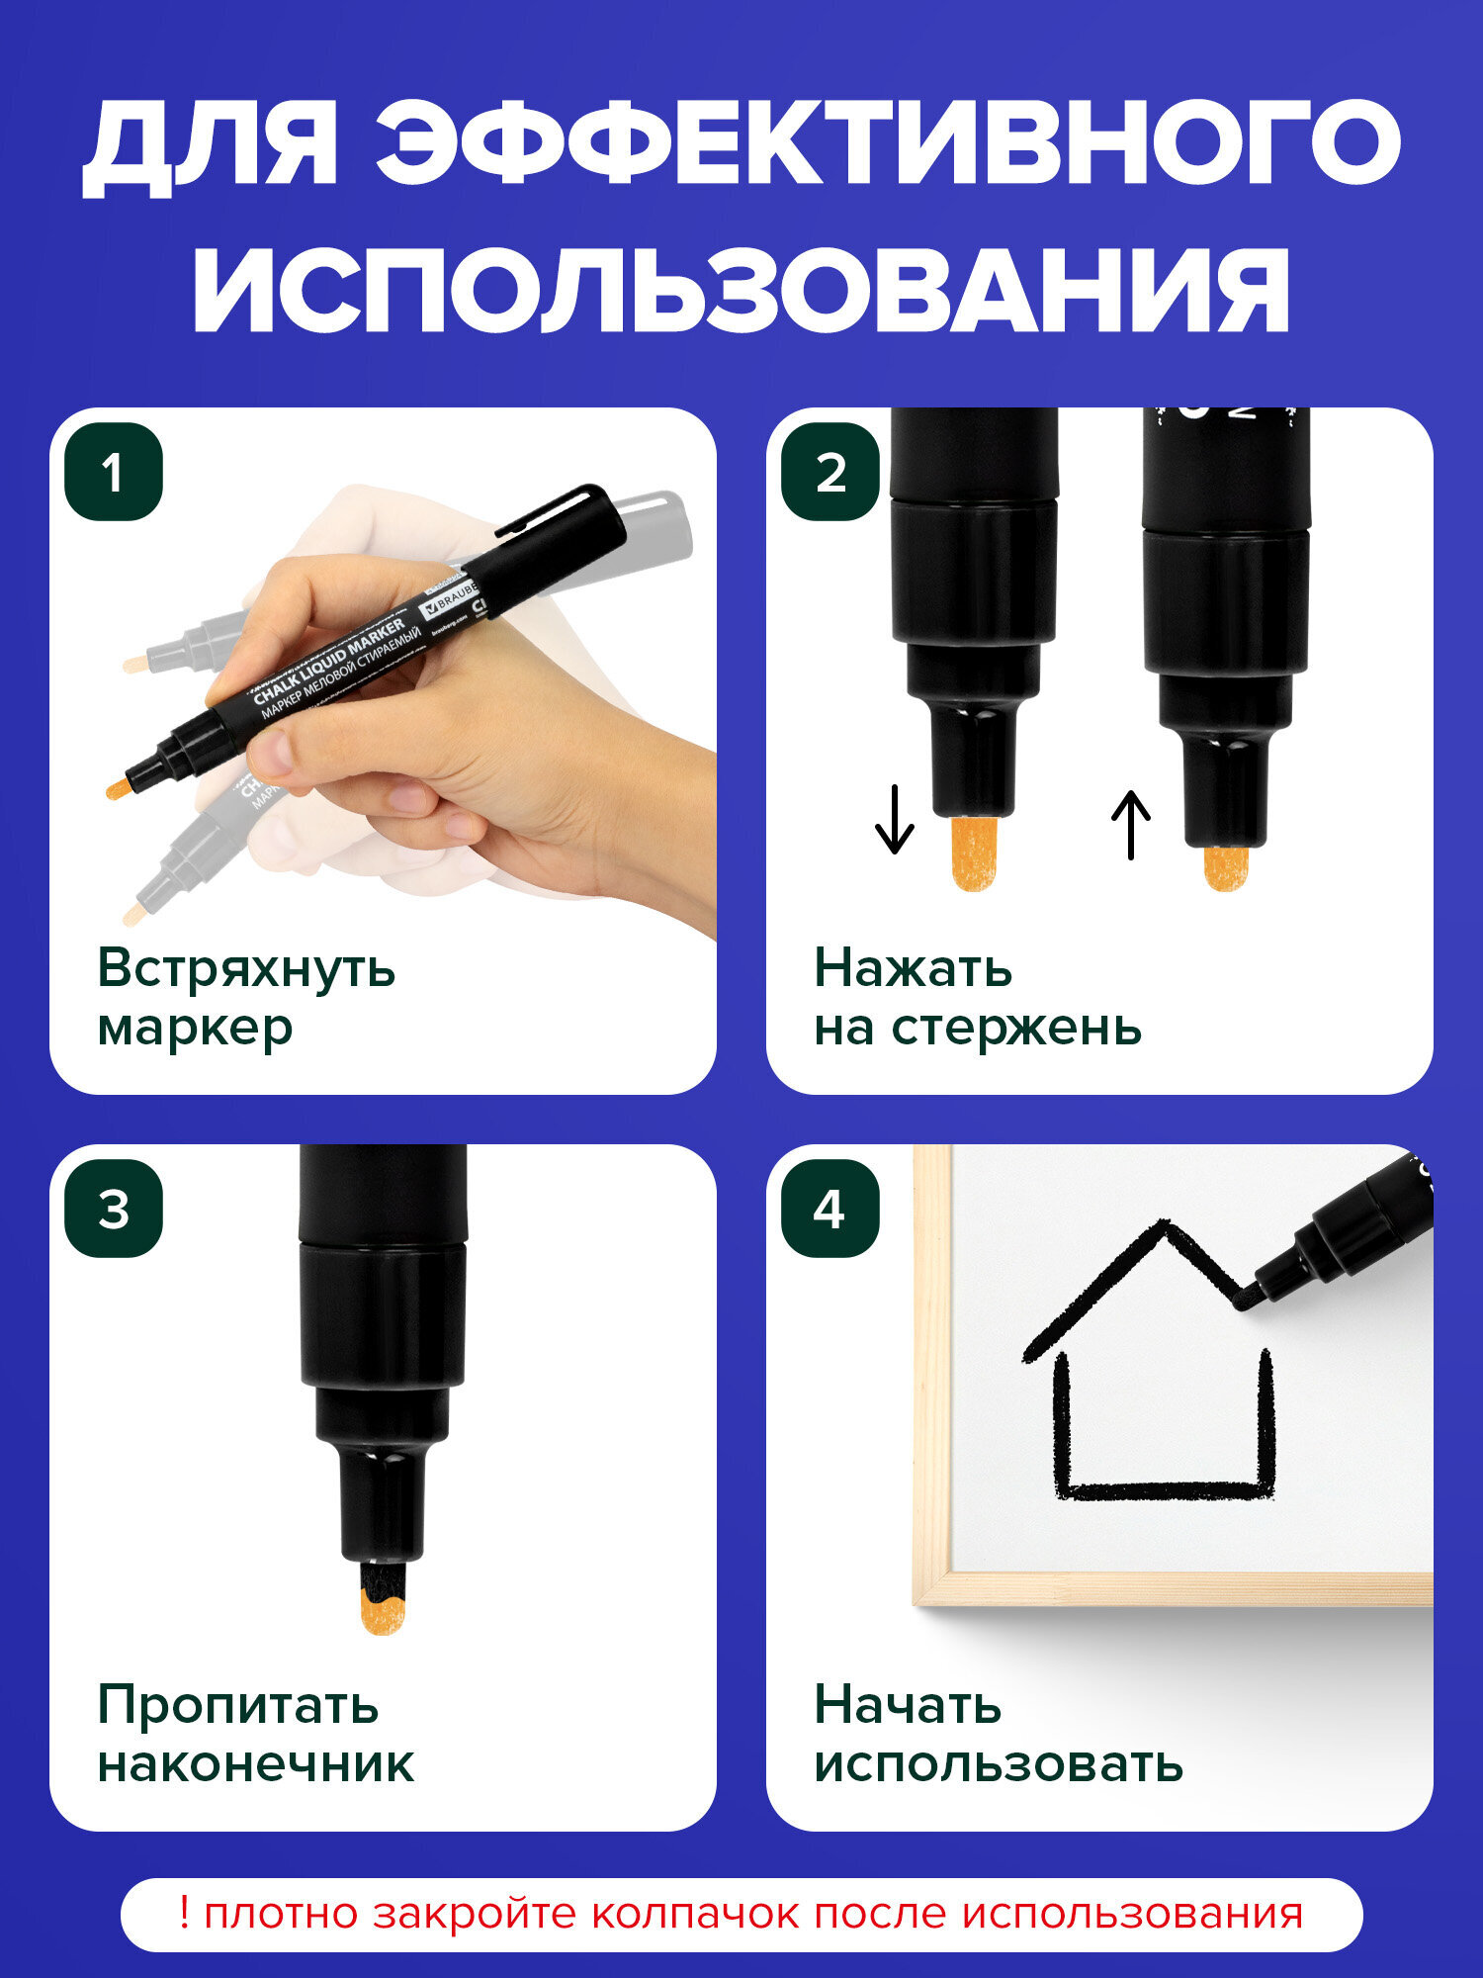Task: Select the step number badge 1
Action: (114, 472)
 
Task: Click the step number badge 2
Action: (829, 472)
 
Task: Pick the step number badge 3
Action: (114, 1209)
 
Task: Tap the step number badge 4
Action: (829, 1209)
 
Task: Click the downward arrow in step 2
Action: (894, 818)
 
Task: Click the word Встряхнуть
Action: (246, 968)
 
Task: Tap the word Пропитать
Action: (237, 1705)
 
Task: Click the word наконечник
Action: (255, 1764)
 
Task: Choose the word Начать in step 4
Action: (908, 1705)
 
